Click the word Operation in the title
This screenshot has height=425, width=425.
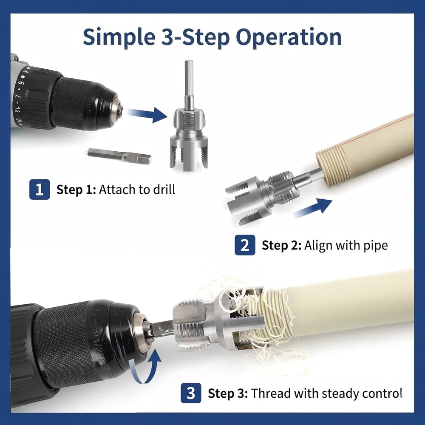289,37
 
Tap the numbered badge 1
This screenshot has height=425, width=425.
40,189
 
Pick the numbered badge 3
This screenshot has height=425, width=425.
191,393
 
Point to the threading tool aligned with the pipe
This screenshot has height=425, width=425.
261,193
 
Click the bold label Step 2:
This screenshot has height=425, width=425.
280,245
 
